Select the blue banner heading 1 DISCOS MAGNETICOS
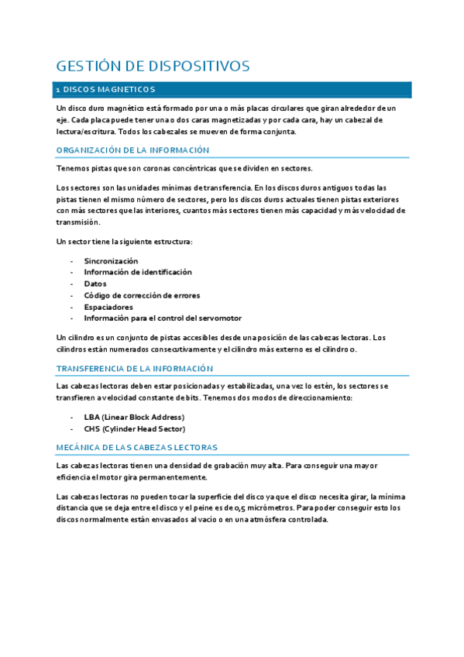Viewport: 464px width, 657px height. tap(105, 90)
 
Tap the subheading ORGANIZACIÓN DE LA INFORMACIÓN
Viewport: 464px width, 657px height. tap(133, 150)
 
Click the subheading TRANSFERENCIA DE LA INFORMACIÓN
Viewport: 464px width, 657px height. tap(135, 369)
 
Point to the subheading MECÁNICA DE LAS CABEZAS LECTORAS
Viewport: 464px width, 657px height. tap(137, 448)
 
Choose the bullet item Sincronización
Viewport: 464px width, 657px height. tap(111, 261)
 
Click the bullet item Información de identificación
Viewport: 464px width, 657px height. tap(138, 272)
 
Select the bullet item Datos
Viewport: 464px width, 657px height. tap(95, 284)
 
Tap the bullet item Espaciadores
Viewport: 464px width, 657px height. tap(108, 307)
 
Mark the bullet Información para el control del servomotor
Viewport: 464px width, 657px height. tap(163, 318)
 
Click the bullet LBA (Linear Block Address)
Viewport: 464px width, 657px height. tap(135, 417)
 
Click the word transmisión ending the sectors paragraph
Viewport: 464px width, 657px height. tap(78, 222)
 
